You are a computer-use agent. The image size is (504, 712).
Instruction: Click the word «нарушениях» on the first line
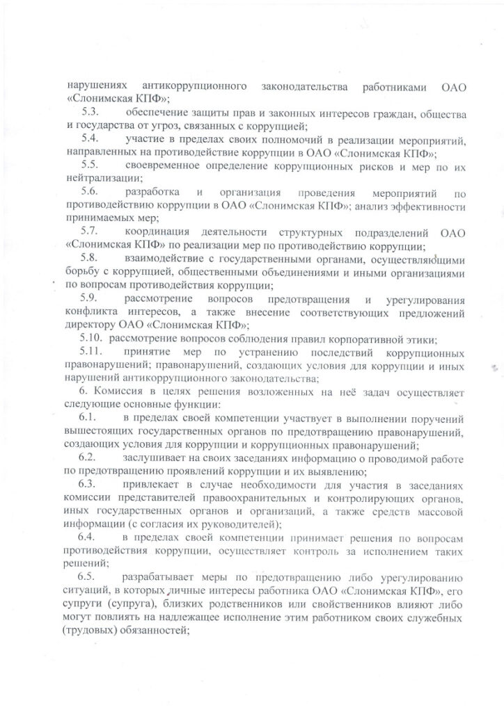[x=97, y=86]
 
